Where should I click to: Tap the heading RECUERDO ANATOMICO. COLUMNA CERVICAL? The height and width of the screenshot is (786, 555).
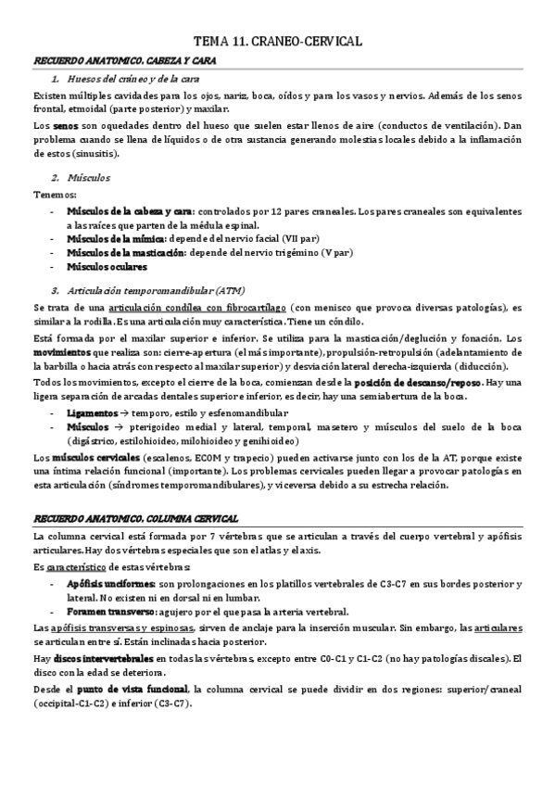coord(135,518)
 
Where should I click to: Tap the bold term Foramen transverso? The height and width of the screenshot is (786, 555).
coord(109,612)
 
